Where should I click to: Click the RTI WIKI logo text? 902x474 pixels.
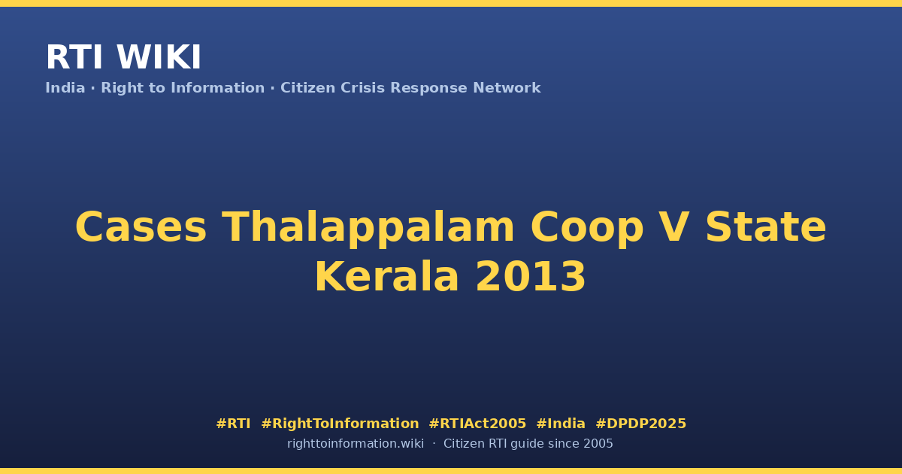(123, 57)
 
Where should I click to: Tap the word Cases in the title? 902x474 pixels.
(141, 227)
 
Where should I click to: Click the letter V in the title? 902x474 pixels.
(674, 227)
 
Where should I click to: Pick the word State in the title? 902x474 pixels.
(766, 227)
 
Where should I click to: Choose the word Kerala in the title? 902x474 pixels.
(386, 277)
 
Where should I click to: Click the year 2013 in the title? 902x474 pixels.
(531, 277)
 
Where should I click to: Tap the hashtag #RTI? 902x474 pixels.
(233, 424)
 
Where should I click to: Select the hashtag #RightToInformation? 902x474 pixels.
(340, 424)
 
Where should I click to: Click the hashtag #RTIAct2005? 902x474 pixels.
(477, 424)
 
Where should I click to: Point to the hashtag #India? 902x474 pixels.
(561, 424)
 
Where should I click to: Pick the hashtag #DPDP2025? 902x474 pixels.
(640, 424)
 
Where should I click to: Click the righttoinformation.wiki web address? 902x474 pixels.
(355, 444)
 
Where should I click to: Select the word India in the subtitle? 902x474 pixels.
(65, 88)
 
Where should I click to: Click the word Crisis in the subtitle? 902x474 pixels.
(363, 88)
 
